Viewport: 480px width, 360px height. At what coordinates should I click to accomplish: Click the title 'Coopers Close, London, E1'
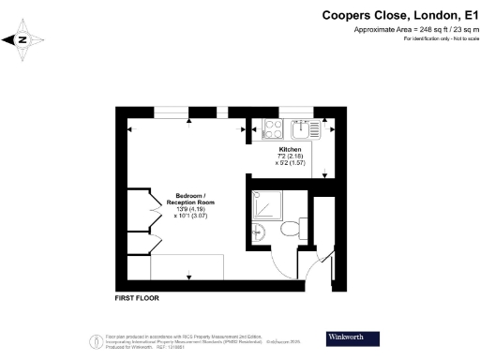pyautogui.click(x=398, y=15)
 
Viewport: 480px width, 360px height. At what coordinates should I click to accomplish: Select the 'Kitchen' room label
pyautogui.click(x=290, y=150)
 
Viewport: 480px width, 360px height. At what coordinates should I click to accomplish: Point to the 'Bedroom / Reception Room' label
pyautogui.click(x=191, y=199)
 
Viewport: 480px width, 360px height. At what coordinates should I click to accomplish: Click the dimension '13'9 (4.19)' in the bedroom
pyautogui.click(x=191, y=208)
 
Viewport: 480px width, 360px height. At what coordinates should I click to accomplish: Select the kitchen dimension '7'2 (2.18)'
pyautogui.click(x=290, y=157)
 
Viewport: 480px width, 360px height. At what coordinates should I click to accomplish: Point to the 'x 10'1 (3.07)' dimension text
pyautogui.click(x=191, y=216)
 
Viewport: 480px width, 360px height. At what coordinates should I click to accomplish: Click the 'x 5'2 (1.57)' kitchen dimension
pyautogui.click(x=290, y=163)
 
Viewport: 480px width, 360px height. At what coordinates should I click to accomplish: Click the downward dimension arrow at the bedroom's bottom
pyautogui.click(x=189, y=276)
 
